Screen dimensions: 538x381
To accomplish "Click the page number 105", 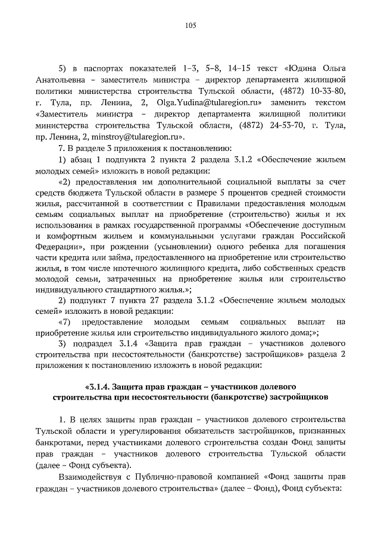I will tap(190, 25).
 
